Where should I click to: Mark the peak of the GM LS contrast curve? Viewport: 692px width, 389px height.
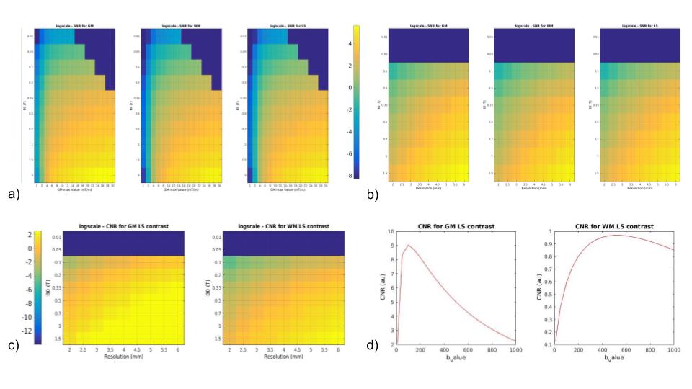(409, 245)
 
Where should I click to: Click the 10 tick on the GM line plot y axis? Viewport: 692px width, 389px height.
(389, 233)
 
